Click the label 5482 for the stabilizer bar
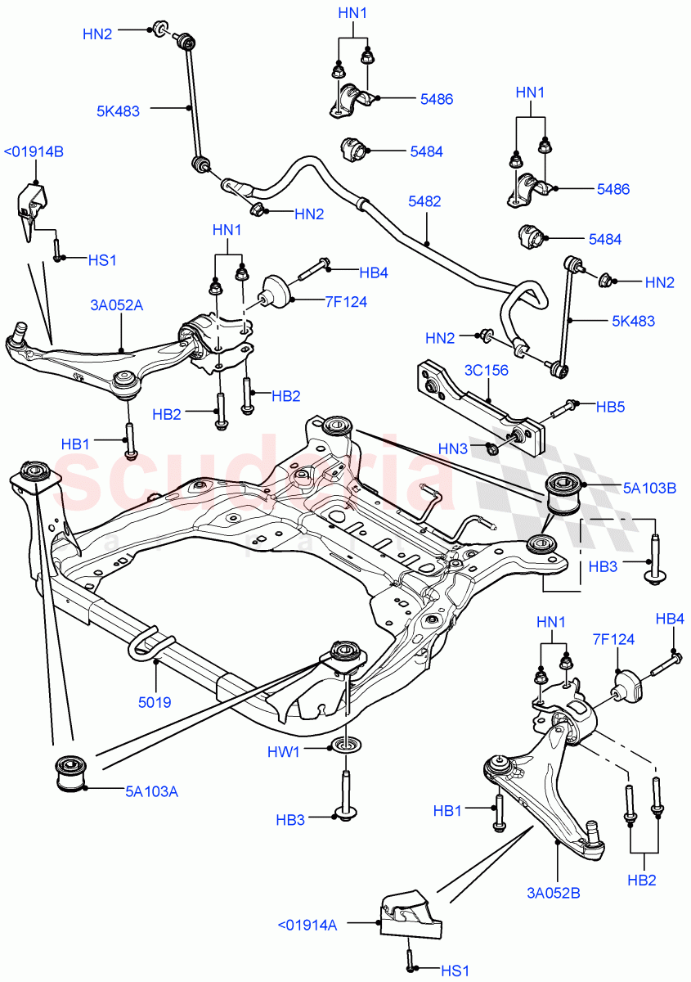coord(425,201)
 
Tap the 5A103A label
coord(151,791)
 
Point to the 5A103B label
coord(626,489)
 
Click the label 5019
coord(155,701)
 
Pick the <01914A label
coord(307,925)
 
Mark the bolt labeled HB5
coord(565,408)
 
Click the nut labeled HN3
coord(491,448)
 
